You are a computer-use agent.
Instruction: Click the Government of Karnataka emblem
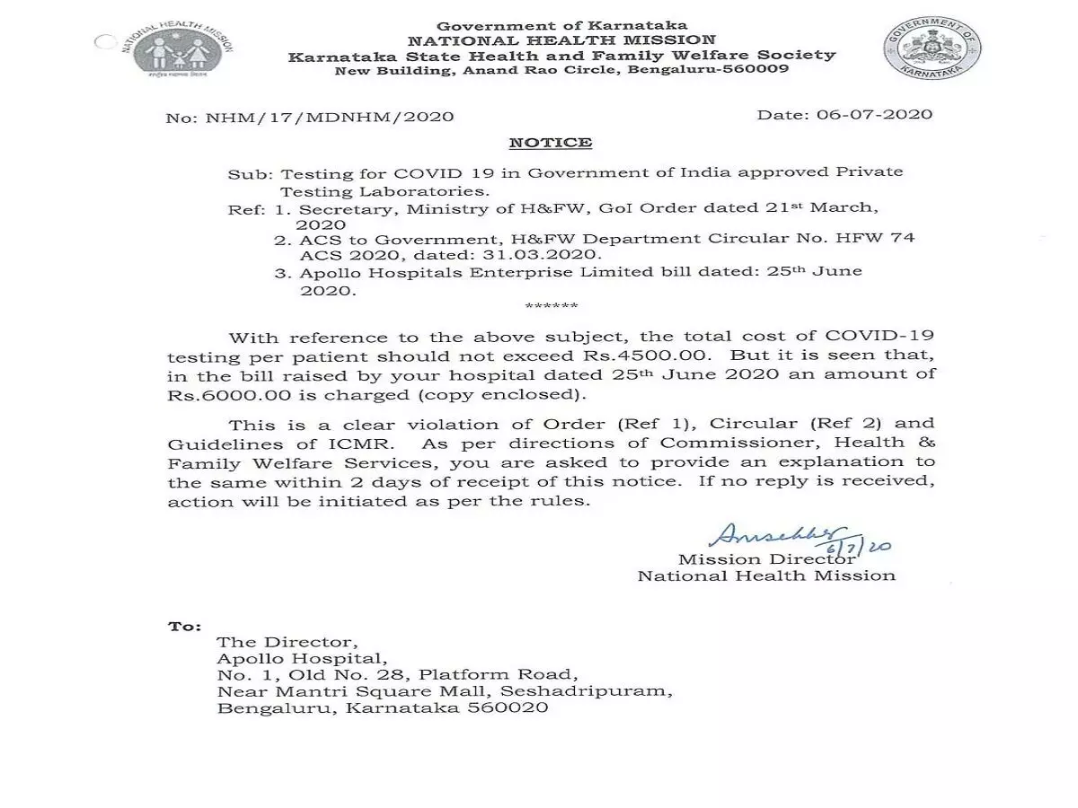click(932, 48)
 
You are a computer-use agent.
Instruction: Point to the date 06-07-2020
click(869, 115)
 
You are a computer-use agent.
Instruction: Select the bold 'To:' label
click(185, 626)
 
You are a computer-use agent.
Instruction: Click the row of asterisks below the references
click(551, 307)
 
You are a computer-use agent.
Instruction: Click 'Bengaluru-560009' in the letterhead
click(715, 70)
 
